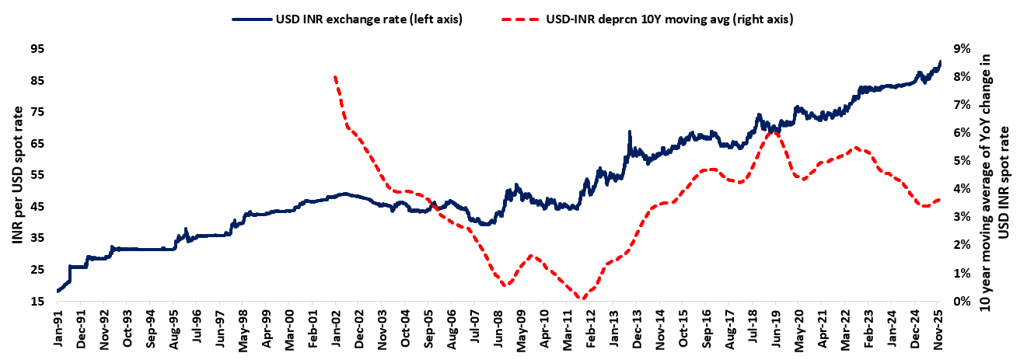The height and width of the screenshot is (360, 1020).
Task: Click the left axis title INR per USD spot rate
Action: (16, 175)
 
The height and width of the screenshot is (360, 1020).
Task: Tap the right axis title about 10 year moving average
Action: (994, 175)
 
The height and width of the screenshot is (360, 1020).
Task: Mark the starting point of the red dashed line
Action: (334, 76)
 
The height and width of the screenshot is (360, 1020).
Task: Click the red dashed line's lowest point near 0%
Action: (582, 299)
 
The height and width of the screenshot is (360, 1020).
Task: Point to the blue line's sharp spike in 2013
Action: (628, 131)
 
